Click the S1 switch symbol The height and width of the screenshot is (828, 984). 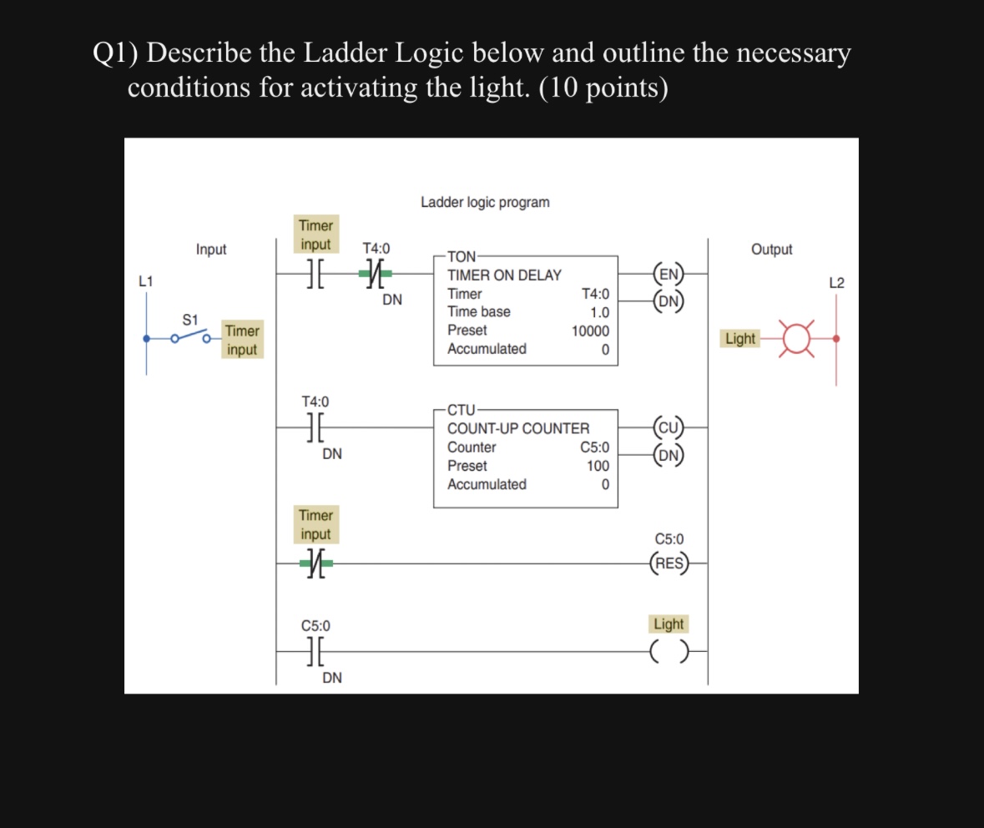[x=189, y=336]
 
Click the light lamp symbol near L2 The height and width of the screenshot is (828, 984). [x=797, y=339]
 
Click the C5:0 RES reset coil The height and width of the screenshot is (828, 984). [x=669, y=563]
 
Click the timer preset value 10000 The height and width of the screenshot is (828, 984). [x=590, y=331]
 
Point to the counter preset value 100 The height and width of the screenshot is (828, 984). [x=598, y=466]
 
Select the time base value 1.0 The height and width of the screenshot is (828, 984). [x=598, y=312]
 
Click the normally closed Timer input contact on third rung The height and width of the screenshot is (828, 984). [x=315, y=564]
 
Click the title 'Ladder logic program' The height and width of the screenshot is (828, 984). [x=485, y=202]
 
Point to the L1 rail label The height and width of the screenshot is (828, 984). [x=146, y=282]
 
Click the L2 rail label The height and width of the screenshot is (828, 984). [x=837, y=283]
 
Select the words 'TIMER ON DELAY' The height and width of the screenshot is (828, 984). [x=504, y=275]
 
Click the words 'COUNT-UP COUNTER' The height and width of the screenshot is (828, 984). [x=517, y=428]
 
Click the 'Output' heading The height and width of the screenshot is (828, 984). [x=771, y=249]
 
